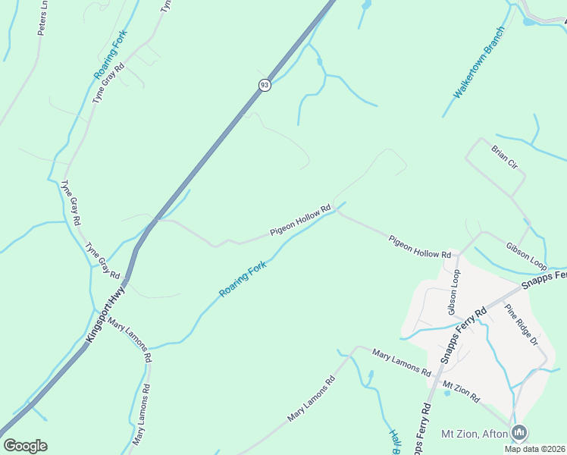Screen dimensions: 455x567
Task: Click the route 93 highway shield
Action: coord(264,85)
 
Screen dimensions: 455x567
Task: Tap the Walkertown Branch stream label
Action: coord(479,63)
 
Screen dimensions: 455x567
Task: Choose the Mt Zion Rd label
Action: coord(461,392)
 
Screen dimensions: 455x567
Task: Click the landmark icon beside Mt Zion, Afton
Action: coord(519,433)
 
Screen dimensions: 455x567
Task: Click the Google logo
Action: coord(25,446)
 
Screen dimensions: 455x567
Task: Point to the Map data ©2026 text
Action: coord(535,449)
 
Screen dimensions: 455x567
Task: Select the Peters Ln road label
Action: coord(42,17)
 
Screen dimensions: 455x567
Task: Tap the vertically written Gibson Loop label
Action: coord(453,291)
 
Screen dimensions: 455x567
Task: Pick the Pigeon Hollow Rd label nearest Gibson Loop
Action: coord(420,246)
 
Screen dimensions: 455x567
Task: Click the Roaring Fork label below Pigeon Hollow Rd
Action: coord(243,280)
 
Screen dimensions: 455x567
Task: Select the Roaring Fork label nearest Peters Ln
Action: coord(111,55)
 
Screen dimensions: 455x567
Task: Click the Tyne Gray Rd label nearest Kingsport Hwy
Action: coord(102,259)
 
